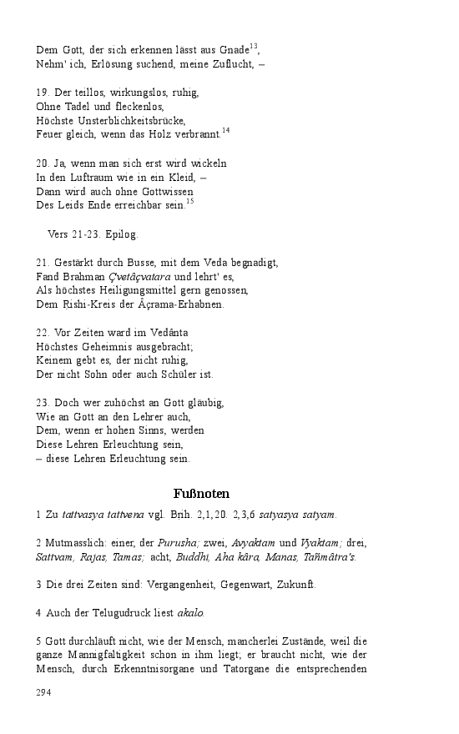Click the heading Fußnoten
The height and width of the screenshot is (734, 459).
click(x=201, y=494)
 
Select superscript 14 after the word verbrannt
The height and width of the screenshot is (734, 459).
click(x=225, y=130)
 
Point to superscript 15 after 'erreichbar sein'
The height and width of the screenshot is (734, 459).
click(x=189, y=201)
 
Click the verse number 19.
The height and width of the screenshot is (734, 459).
click(x=43, y=93)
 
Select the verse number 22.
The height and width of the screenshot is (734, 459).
click(x=43, y=332)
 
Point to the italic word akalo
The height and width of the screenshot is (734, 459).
click(x=190, y=613)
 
